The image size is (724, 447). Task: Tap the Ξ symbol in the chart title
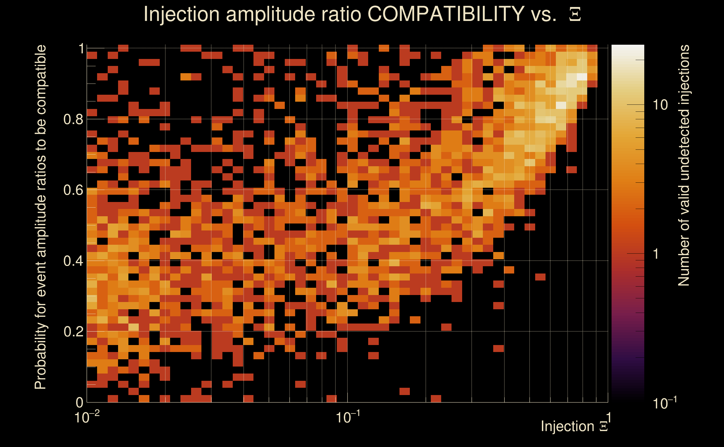575,15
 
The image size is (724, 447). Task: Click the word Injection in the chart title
181,15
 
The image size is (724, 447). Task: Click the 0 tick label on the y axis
79,402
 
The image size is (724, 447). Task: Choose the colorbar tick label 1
656,254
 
